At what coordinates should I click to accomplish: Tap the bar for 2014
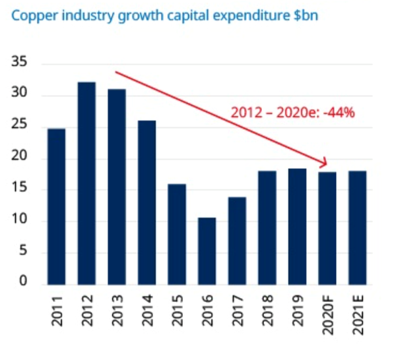pyautogui.click(x=146, y=202)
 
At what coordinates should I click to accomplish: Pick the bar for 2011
pyautogui.click(x=57, y=206)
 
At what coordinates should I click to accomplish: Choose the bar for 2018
pyautogui.click(x=267, y=227)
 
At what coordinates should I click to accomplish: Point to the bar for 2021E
pyautogui.click(x=357, y=227)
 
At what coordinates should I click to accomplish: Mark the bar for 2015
pyautogui.click(x=177, y=233)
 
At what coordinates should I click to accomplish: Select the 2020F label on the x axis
pyautogui.click(x=327, y=319)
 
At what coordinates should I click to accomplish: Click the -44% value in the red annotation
pyautogui.click(x=341, y=113)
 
